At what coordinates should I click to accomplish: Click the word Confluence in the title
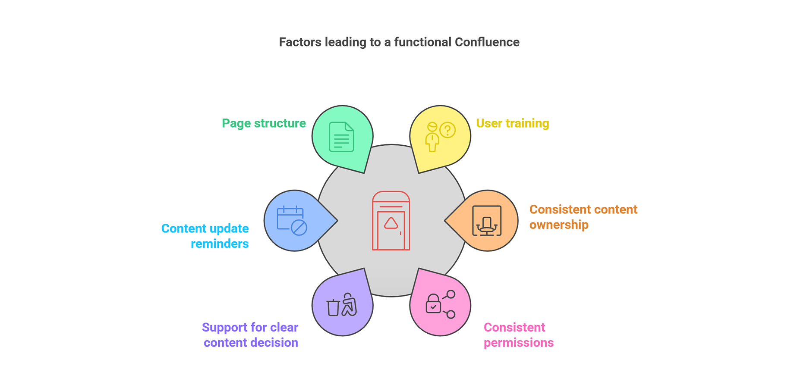pos(487,42)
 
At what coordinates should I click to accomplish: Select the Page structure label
pos(264,123)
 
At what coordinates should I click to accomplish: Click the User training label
pos(513,123)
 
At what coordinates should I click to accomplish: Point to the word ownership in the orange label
pos(559,225)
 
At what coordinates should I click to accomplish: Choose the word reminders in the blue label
pos(220,244)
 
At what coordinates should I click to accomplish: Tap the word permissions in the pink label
pos(519,343)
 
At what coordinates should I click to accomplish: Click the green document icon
pos(341,137)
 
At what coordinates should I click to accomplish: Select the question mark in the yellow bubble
pos(448,130)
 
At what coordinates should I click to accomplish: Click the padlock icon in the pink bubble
pos(433,304)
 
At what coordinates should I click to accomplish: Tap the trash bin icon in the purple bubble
pos(333,307)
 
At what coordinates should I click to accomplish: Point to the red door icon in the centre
pos(391,221)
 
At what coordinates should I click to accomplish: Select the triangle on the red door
pos(391,223)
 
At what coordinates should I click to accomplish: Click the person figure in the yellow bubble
pos(432,137)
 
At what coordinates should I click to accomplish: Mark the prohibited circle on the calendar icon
pos(299,227)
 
